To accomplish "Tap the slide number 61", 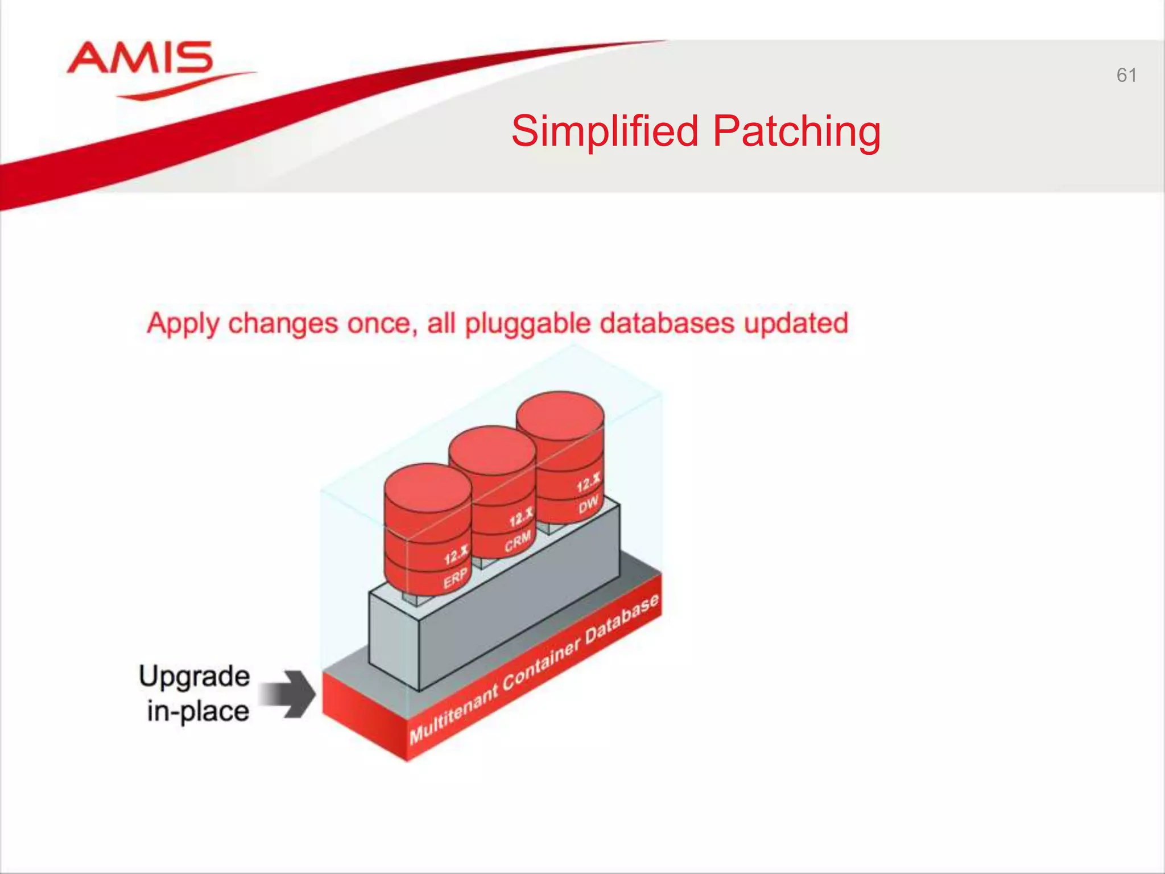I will (x=1126, y=75).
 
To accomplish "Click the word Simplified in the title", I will (x=605, y=131).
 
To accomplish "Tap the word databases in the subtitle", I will (x=667, y=323).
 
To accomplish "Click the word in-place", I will (x=198, y=711).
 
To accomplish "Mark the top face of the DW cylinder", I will (x=560, y=415).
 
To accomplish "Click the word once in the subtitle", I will (x=379, y=323).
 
